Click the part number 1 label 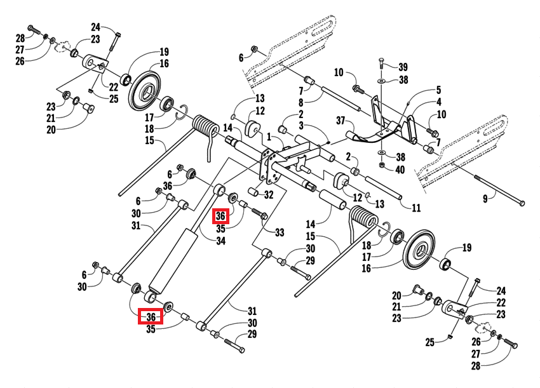tap(269, 137)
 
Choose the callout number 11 tap(416, 208)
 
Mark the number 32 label tap(269, 194)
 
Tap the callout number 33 tap(279, 233)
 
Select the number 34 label tap(220, 241)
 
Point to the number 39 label tap(403, 67)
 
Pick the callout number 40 tap(400, 170)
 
